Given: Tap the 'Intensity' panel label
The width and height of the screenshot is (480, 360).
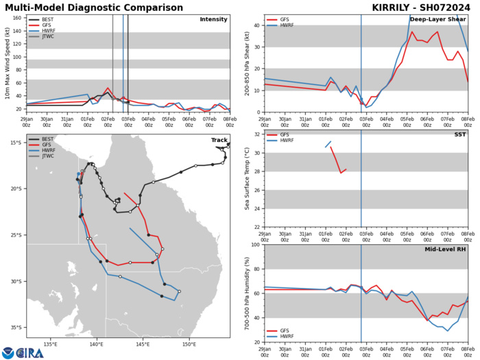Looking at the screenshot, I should pos(213,19).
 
